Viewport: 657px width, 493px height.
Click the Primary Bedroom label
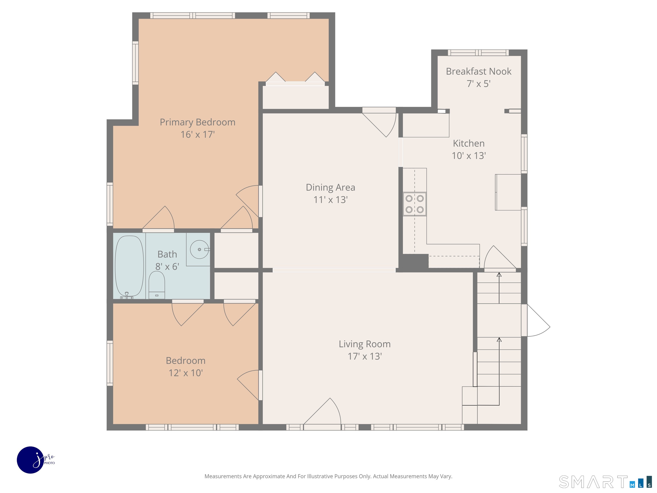[x=198, y=122]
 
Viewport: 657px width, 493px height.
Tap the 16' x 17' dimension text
[x=198, y=134]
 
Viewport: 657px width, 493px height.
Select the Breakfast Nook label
[x=478, y=71]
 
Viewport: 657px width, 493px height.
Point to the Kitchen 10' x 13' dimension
[x=469, y=155]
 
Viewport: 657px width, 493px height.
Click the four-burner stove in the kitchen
[x=415, y=204]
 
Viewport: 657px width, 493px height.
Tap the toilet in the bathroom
[x=157, y=285]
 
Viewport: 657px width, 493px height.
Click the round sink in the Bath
[x=199, y=249]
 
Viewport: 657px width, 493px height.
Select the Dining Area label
[x=331, y=187]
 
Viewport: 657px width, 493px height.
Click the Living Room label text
[x=365, y=344]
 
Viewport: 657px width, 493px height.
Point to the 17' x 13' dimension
[x=365, y=356]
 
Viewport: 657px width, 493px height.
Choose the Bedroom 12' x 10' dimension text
[x=186, y=373]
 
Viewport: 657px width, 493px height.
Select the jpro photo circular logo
[x=31, y=460]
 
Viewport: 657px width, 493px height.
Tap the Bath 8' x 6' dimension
[x=167, y=267]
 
